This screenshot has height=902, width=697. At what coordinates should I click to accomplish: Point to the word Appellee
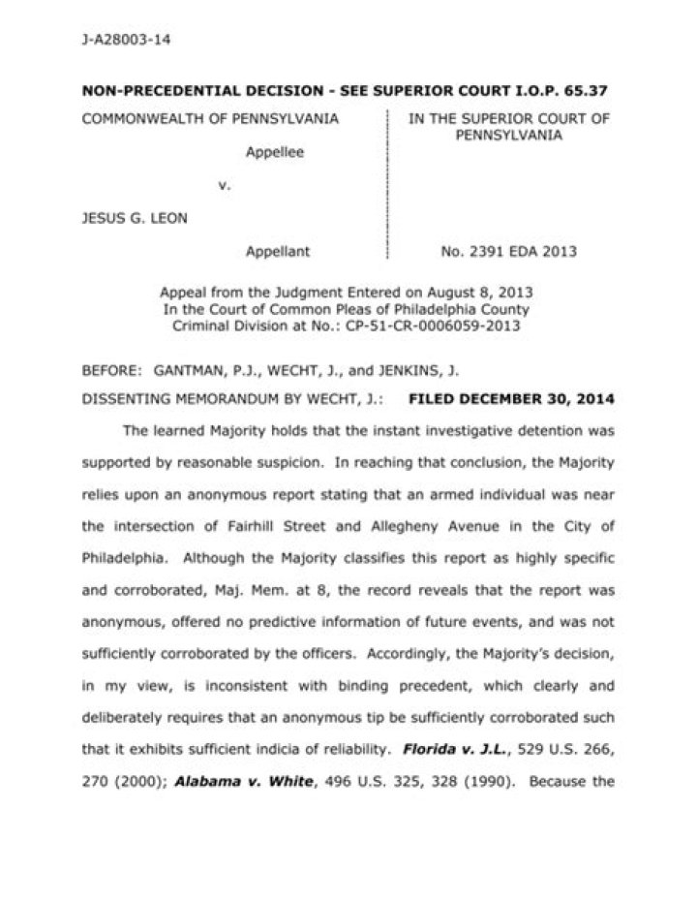click(274, 152)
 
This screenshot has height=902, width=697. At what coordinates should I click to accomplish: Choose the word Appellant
click(277, 252)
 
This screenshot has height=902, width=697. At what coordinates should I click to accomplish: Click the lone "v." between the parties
click(224, 185)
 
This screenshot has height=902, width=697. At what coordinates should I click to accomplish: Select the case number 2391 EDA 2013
click(523, 252)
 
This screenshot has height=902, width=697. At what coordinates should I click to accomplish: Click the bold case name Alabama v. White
click(228, 781)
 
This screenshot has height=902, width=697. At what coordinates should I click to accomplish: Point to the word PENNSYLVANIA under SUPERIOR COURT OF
click(508, 136)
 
